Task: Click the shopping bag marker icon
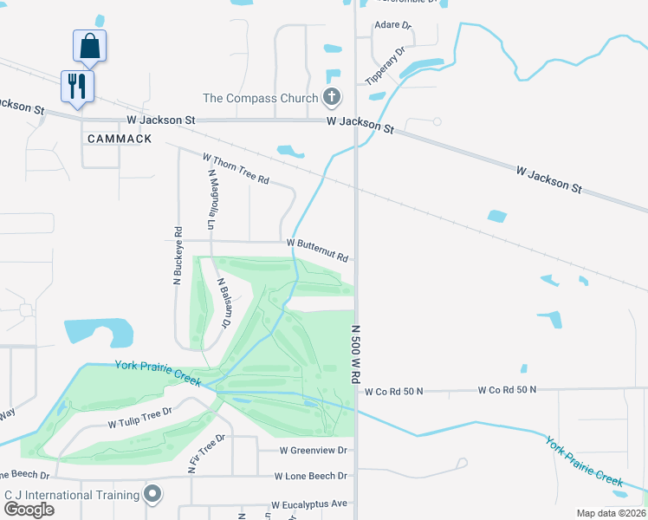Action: coord(90,46)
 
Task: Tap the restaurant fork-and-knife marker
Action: coord(77,86)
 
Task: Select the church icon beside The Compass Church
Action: coord(331,97)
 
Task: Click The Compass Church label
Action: coord(261,98)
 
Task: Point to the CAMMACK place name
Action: coord(120,139)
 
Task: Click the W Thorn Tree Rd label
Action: coord(237,169)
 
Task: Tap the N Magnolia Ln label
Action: coord(211,200)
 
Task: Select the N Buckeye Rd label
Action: coord(178,257)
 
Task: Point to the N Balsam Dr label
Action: coord(223,302)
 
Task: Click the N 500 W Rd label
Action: coord(354,355)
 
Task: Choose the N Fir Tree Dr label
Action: coord(206,453)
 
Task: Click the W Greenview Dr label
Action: coord(313,451)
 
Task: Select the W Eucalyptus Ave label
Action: coord(308,504)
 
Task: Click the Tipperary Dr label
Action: coord(386,66)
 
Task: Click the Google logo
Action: coord(29,510)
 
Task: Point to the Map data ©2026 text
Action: coord(611,513)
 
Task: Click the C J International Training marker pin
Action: coord(153,495)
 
